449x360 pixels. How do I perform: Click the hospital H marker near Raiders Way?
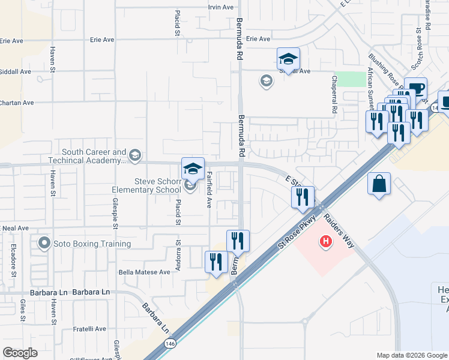pos(326,242)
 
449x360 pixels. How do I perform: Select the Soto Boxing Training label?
pos(92,244)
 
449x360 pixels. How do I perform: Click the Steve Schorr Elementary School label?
pos(146,185)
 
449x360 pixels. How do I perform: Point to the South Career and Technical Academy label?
pos(93,157)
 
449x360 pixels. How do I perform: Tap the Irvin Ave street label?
pos(220,7)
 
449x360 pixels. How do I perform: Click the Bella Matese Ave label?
pos(145,272)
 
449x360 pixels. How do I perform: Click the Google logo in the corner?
pos(20,353)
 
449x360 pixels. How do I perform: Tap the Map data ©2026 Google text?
pos(412,355)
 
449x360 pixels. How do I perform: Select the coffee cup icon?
pos(415,89)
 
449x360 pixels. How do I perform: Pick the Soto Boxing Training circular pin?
pos(43,244)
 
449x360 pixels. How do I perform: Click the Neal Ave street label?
pos(15,228)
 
